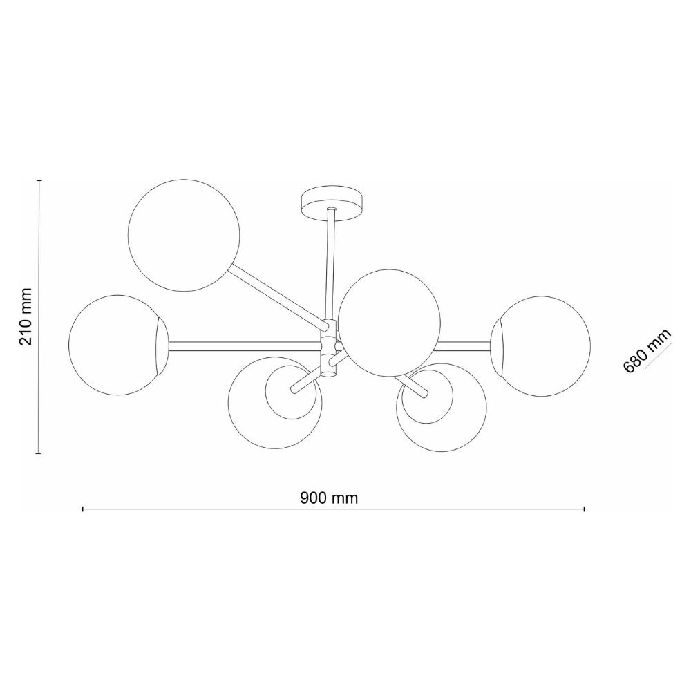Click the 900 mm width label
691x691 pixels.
tap(329, 498)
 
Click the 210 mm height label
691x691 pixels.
tap(26, 316)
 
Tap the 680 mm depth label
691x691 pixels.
tap(647, 351)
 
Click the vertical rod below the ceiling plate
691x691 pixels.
tap(330, 265)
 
